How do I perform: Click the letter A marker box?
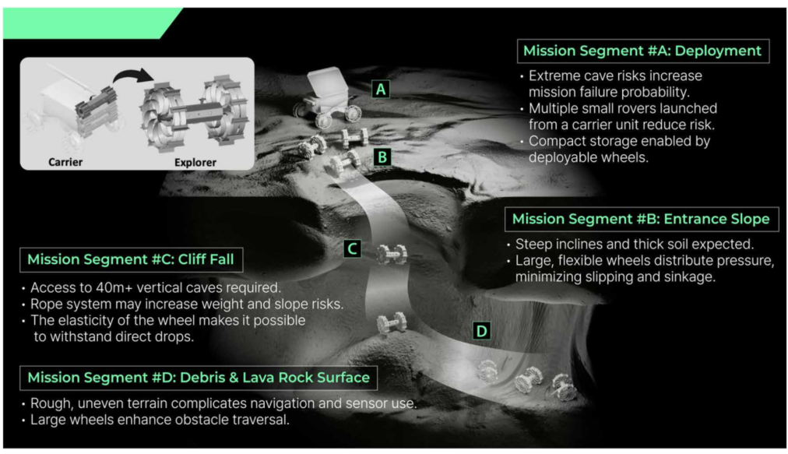[x=381, y=90]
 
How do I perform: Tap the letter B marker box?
[x=382, y=157]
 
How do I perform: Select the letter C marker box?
[x=352, y=248]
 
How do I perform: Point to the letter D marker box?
[x=481, y=331]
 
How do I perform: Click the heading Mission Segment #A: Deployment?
[x=642, y=51]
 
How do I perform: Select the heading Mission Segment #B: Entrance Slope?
[x=642, y=219]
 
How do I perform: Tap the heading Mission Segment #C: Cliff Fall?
[x=131, y=259]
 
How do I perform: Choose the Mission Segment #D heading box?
[x=199, y=378]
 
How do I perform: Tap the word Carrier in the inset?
[x=65, y=162]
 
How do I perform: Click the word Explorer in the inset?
[x=195, y=163]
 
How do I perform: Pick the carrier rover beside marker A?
[x=328, y=99]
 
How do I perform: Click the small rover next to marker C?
[x=392, y=254]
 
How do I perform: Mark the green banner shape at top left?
[x=90, y=23]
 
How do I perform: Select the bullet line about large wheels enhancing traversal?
[x=160, y=419]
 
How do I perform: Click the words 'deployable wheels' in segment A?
[x=589, y=157]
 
